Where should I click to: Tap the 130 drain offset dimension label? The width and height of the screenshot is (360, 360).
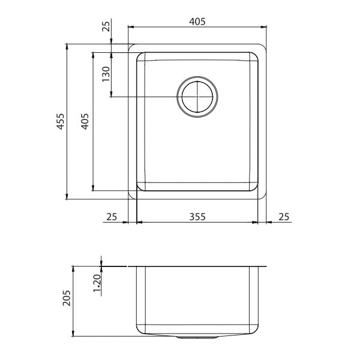coord(106,75)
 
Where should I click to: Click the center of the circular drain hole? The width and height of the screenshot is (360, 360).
coord(196,97)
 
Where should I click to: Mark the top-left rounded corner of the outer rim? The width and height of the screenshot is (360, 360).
coord(133,47)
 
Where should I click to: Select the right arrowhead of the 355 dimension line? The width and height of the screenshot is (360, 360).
coord(256,223)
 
